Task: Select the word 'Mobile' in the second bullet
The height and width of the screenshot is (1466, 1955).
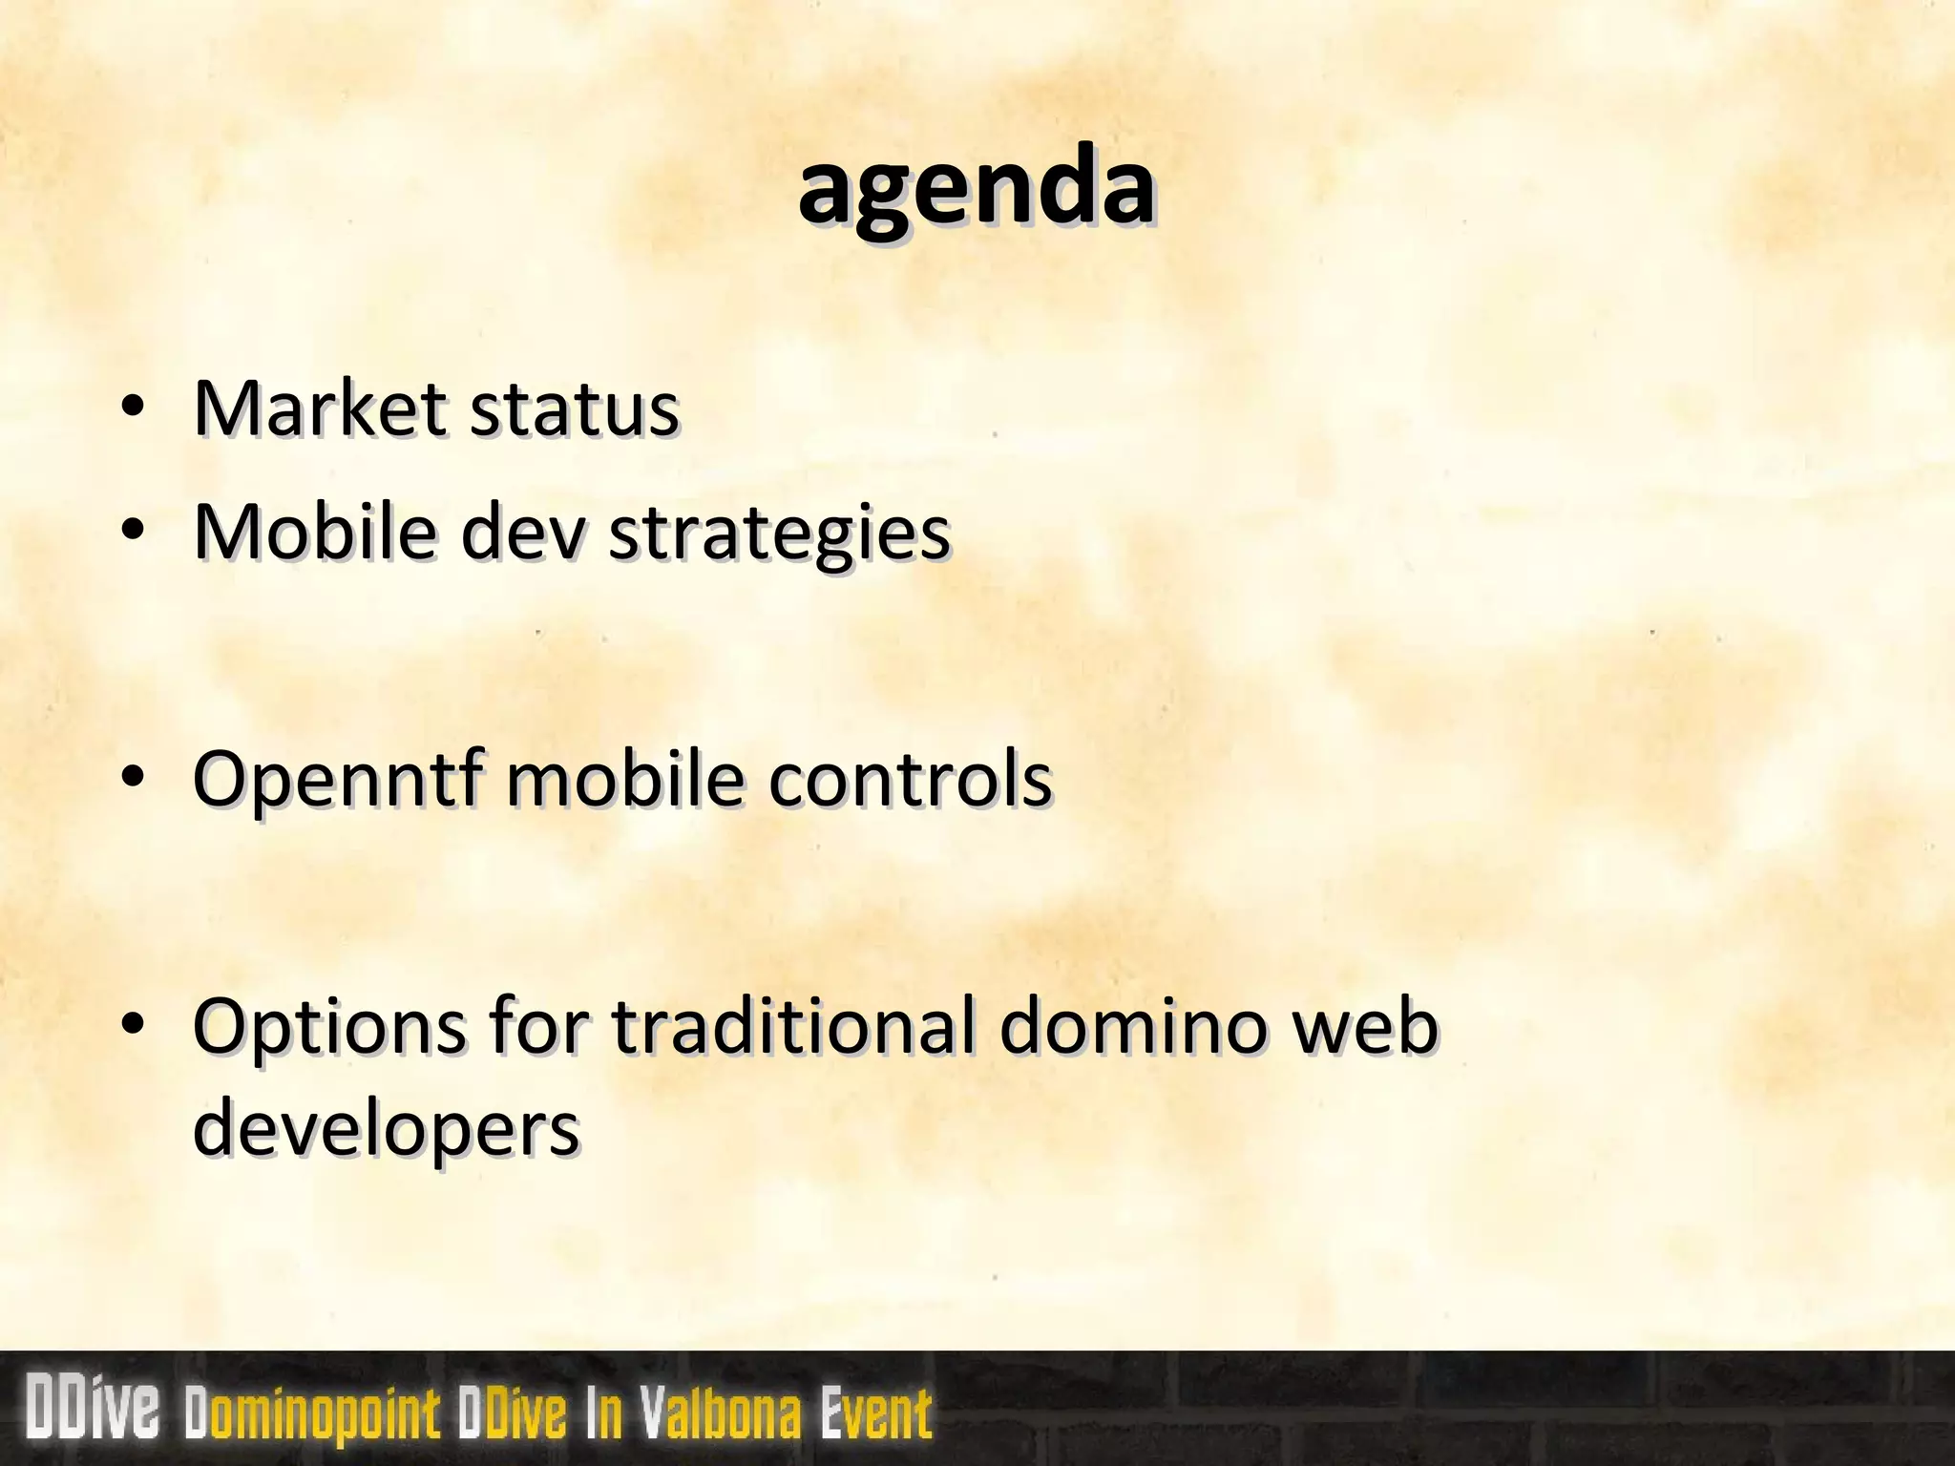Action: click(314, 531)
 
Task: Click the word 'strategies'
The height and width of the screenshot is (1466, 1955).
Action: click(779, 534)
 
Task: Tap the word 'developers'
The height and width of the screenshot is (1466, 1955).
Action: click(386, 1130)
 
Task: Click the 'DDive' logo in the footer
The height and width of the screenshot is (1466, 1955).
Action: click(93, 1408)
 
